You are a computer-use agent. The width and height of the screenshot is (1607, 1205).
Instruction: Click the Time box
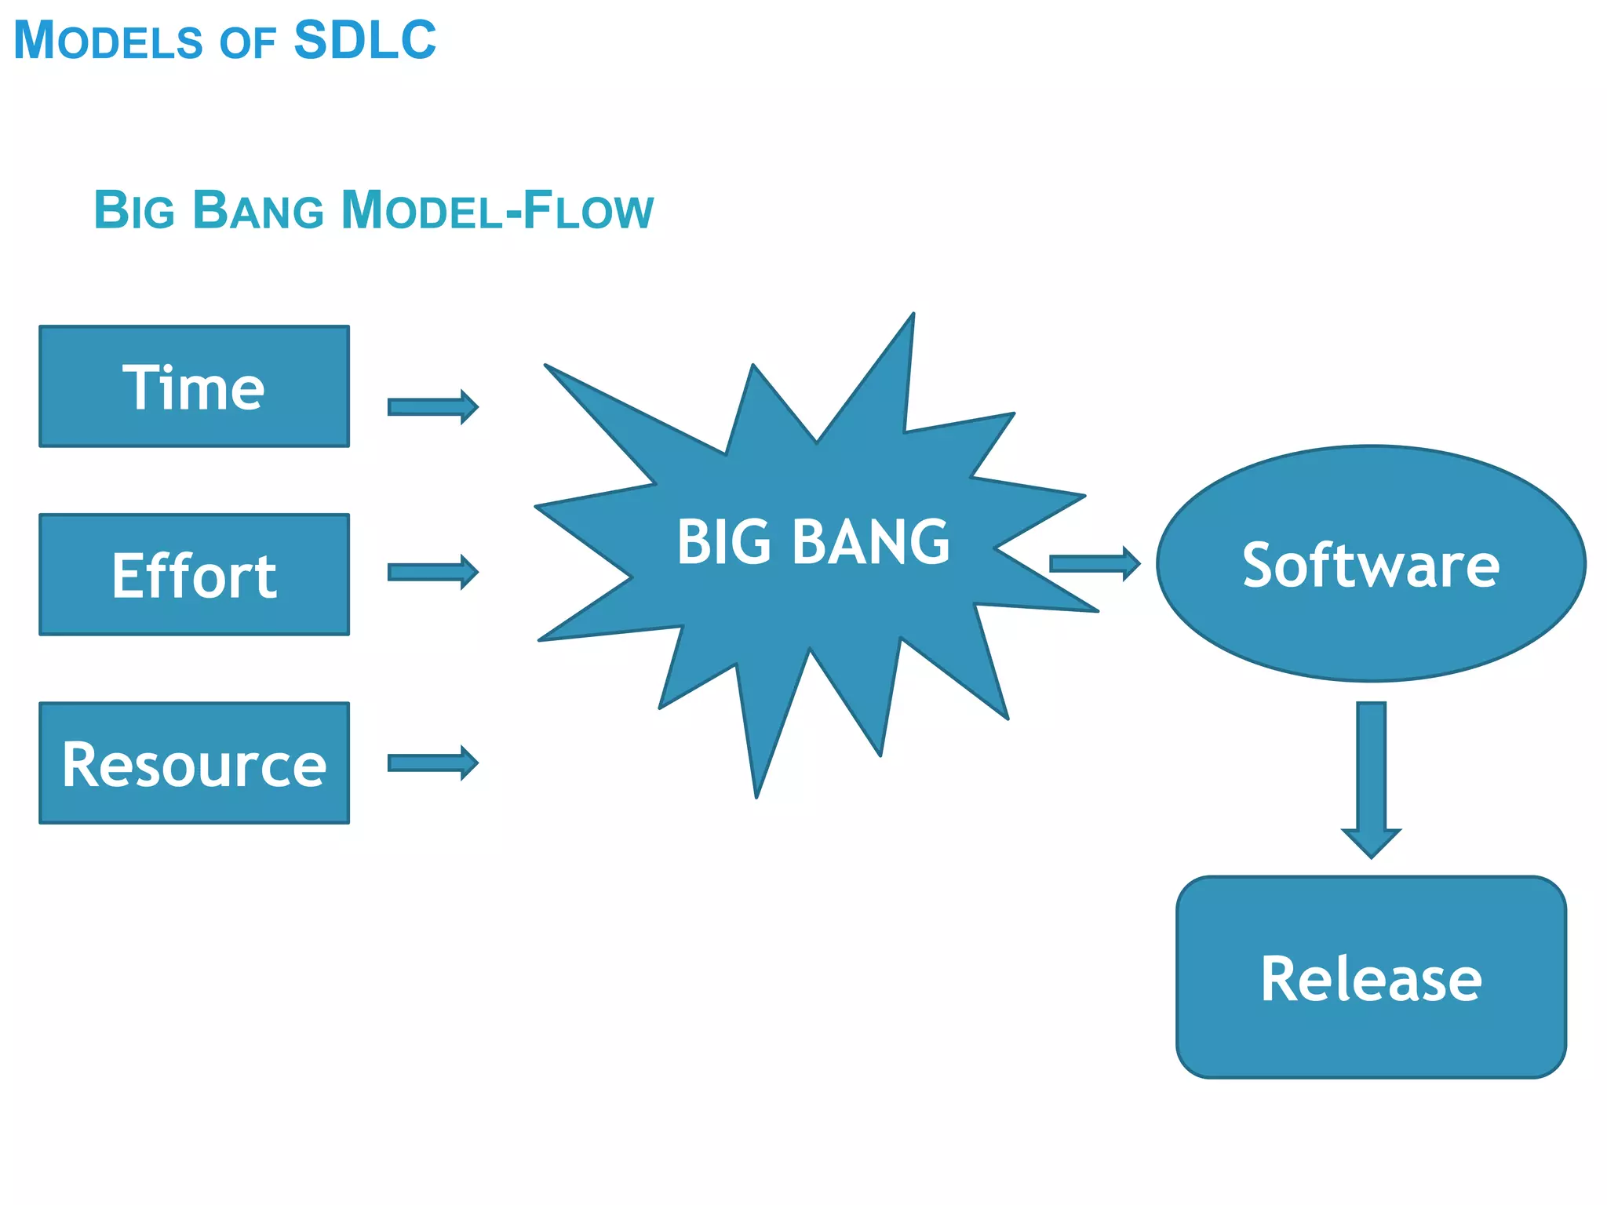coord(194,387)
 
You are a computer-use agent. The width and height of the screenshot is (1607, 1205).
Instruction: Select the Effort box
coord(194,575)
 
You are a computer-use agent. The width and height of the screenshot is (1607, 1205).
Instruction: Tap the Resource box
coord(194,763)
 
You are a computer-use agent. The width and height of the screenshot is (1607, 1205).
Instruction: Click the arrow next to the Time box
coord(432,407)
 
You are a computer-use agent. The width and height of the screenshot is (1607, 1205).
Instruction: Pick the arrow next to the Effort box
coord(432,572)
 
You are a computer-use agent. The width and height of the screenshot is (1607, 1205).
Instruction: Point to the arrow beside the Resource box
coord(432,763)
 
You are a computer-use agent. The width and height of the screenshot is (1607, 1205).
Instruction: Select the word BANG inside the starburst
coord(870,542)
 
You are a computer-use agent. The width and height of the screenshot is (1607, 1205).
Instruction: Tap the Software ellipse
coord(1371,564)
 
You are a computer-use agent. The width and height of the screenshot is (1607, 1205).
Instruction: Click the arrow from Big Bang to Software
coord(1094,563)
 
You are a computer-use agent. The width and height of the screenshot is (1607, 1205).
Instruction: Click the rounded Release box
coord(1371,977)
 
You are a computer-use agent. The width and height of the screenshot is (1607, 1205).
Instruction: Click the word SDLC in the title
coord(365,40)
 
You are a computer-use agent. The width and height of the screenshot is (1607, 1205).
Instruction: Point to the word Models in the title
coord(108,40)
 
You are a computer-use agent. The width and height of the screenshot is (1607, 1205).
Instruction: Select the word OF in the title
coord(247,43)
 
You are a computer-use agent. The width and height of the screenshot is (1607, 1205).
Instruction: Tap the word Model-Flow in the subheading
coord(497,210)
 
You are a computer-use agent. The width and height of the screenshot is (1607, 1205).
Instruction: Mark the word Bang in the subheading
coord(258,210)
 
